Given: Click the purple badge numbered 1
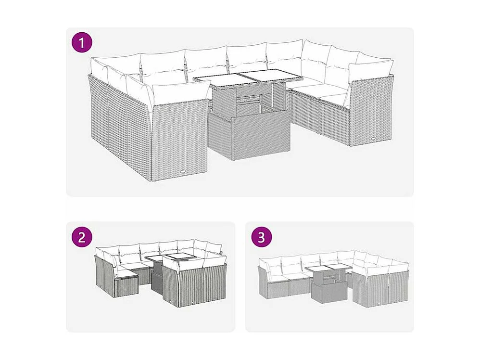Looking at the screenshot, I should (x=81, y=42).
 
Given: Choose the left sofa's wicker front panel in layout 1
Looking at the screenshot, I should (x=179, y=140).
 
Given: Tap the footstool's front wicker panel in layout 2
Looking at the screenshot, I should (x=126, y=287).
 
